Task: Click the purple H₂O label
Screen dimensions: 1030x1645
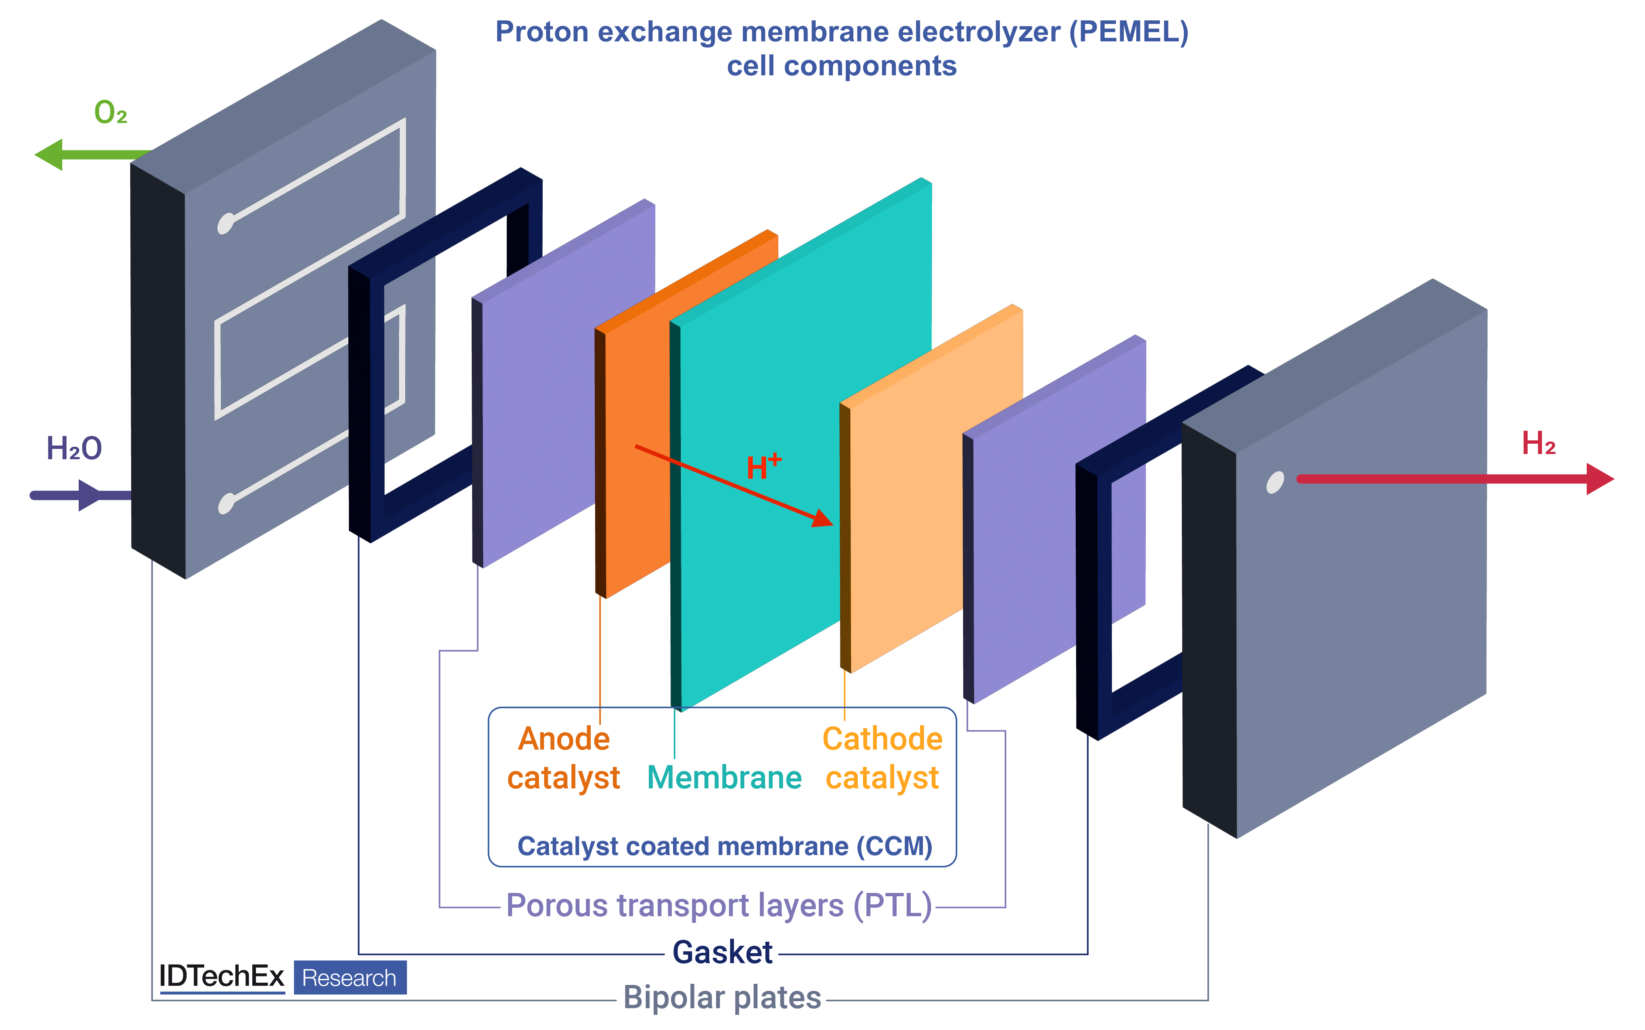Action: pyautogui.click(x=74, y=449)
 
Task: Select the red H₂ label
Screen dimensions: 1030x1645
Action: pyautogui.click(x=1538, y=443)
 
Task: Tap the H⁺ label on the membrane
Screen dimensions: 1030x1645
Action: pyautogui.click(x=763, y=467)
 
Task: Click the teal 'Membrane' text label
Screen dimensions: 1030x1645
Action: pyautogui.click(x=724, y=777)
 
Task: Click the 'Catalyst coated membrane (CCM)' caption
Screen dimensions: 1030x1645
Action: pyautogui.click(x=724, y=846)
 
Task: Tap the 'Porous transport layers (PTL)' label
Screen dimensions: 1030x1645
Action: pyautogui.click(x=719, y=905)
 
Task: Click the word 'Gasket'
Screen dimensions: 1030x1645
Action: pyautogui.click(x=722, y=952)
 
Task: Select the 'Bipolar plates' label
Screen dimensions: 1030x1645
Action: pyautogui.click(x=722, y=997)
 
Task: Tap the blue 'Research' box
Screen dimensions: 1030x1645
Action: pyautogui.click(x=349, y=978)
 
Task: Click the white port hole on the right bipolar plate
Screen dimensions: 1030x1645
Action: pyautogui.click(x=1274, y=482)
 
